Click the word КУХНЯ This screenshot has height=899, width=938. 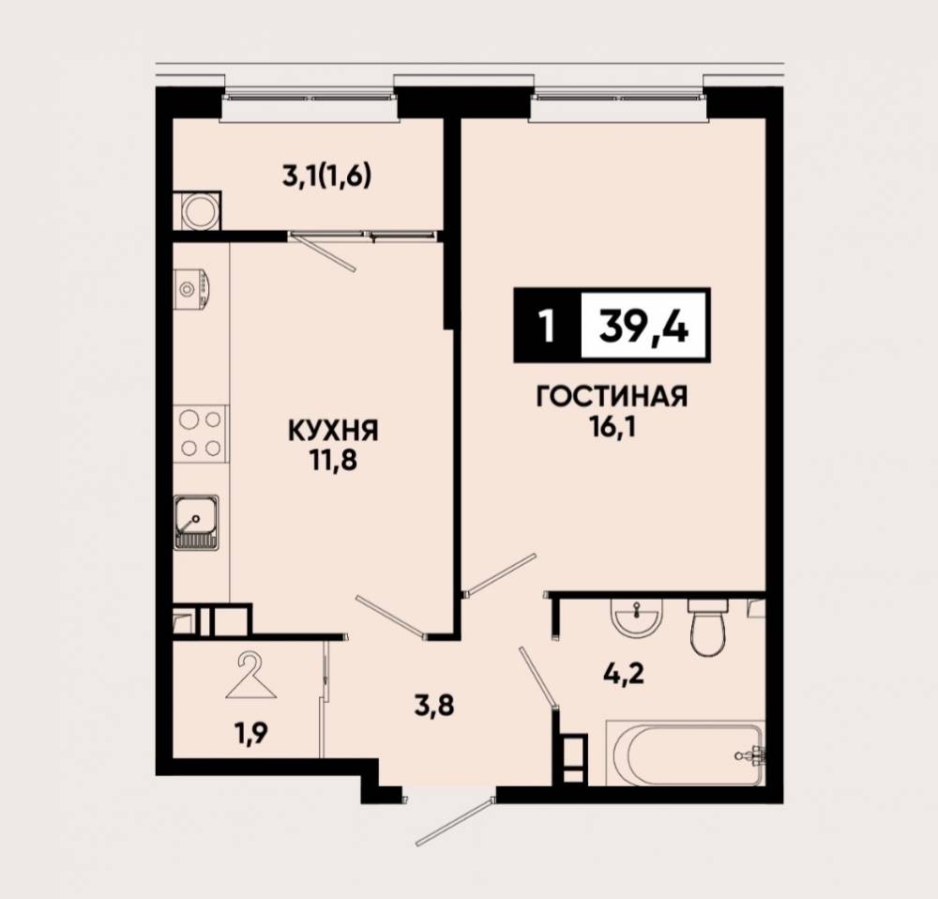[333, 431]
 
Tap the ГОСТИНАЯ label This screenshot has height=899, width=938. [612, 396]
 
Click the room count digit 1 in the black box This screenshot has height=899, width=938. [546, 327]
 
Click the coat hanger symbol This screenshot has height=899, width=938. [251, 677]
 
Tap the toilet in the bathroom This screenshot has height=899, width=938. [707, 627]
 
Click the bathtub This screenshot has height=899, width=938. [686, 753]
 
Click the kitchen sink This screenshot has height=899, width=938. [196, 522]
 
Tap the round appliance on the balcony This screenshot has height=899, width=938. [197, 211]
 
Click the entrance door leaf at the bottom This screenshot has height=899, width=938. [454, 822]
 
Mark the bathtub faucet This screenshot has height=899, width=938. [751, 755]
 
